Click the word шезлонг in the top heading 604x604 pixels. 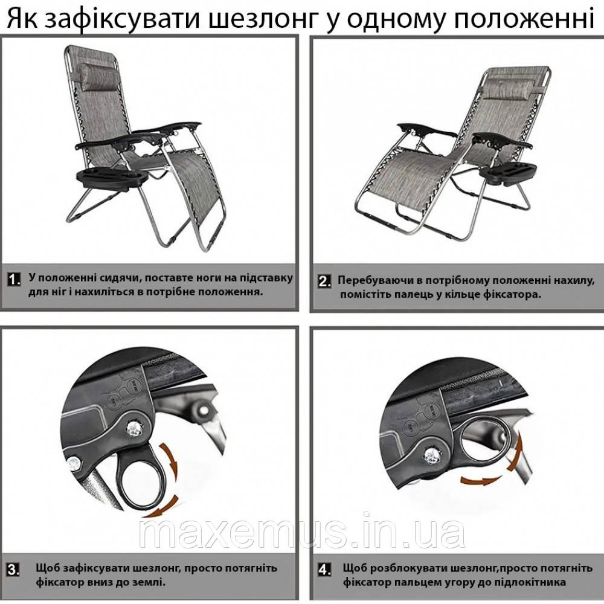262,19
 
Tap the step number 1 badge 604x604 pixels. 14,279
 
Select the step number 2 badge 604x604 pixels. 324,281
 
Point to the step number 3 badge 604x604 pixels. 13,570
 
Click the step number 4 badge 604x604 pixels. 324,570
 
